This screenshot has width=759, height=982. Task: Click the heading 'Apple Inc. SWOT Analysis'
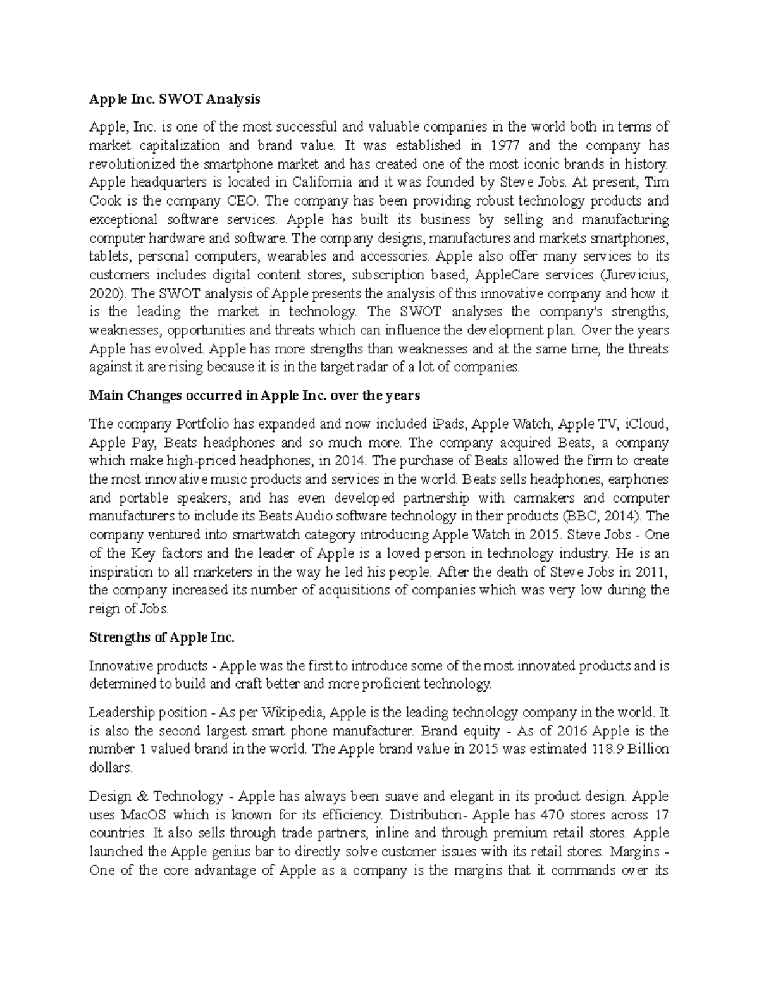tap(175, 99)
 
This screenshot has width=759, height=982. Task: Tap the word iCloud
tap(648, 424)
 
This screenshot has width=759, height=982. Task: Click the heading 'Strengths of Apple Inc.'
tap(162, 638)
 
